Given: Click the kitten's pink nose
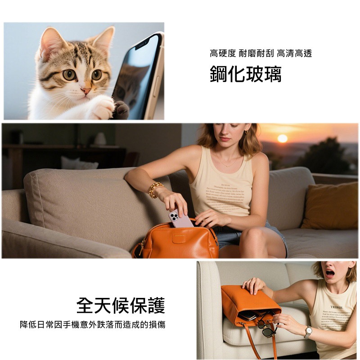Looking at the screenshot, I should (85, 90).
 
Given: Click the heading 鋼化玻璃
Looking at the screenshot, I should (245, 74).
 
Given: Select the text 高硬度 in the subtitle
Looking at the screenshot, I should (223, 54).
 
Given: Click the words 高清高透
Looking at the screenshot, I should (294, 54).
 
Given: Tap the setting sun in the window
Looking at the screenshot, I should (282, 139).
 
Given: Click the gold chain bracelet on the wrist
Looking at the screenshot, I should (155, 189).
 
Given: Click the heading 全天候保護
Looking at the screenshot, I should (121, 306).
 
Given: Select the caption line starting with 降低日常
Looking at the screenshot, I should (93, 324).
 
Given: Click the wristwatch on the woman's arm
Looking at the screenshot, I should (308, 332).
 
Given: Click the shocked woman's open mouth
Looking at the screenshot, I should (330, 273).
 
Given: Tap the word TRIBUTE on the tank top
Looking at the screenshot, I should (337, 307).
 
